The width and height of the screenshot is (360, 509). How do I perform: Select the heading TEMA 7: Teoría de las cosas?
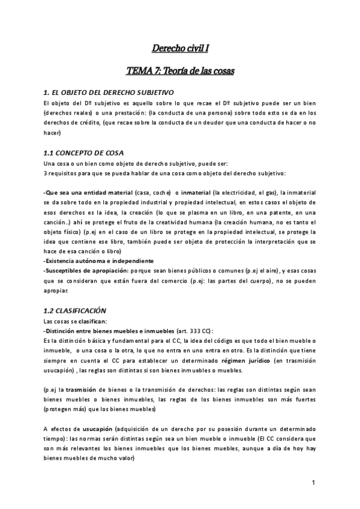pos(180,71)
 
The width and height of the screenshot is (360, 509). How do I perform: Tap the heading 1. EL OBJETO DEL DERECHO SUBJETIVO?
pos(109,93)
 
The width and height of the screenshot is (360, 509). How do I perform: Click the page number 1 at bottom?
pos(314,483)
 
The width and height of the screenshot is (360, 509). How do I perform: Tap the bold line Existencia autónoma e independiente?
pos(90,261)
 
